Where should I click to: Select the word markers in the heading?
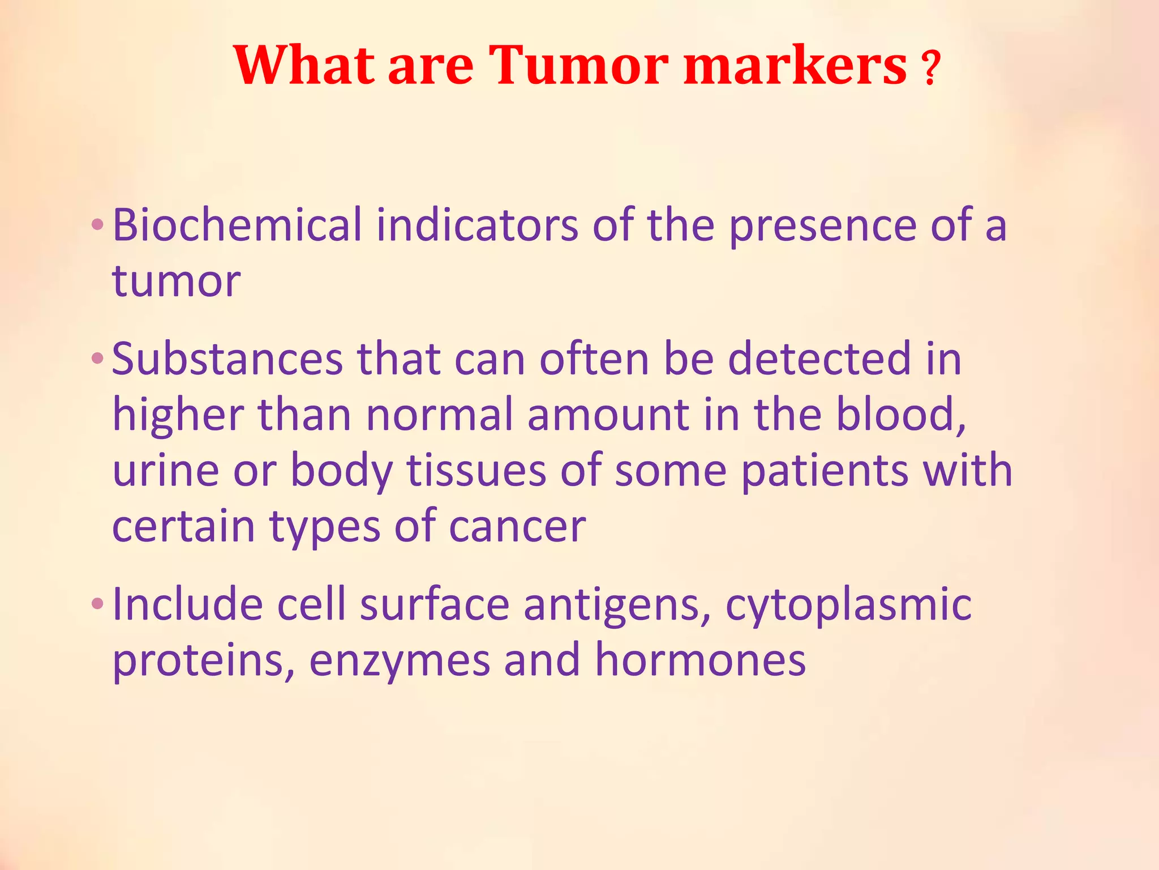[x=795, y=66]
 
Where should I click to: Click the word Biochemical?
[x=237, y=225]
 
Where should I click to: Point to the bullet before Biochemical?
[x=97, y=225]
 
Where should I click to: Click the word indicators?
[x=477, y=225]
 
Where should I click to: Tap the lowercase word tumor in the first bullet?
[x=176, y=281]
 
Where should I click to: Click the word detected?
[x=819, y=359]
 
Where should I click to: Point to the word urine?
[x=165, y=471]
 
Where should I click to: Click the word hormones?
[x=700, y=660]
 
